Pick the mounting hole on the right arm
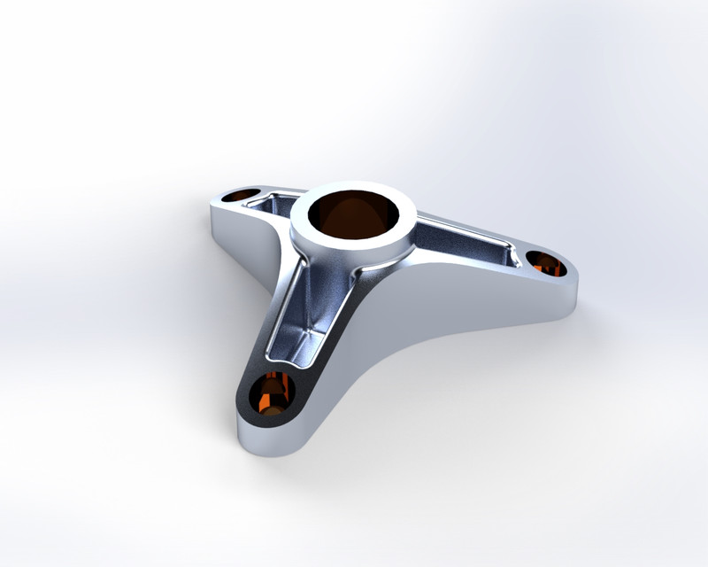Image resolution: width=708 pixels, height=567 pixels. pyautogui.click(x=546, y=262)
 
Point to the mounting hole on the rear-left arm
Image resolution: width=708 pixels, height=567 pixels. pyautogui.click(x=238, y=195)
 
